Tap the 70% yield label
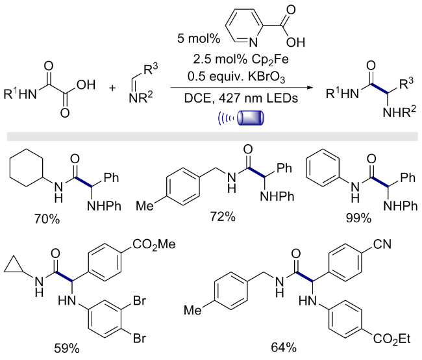(x=47, y=219)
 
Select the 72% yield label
(x=223, y=216)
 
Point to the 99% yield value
(x=358, y=218)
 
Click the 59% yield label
(x=67, y=348)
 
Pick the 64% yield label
(x=284, y=348)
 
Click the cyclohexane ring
(x=27, y=168)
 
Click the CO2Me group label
(x=154, y=245)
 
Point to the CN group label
(x=382, y=244)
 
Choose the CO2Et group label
(x=391, y=339)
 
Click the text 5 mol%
(x=199, y=38)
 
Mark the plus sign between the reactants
(x=112, y=88)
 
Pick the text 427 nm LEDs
(x=258, y=98)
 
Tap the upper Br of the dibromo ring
(x=139, y=300)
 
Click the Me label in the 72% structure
(x=145, y=206)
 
